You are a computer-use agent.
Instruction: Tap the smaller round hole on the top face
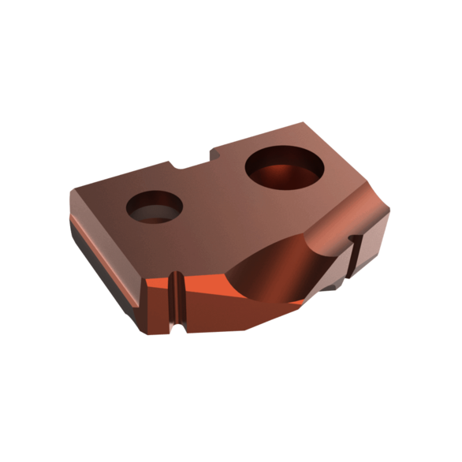(x=155, y=207)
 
